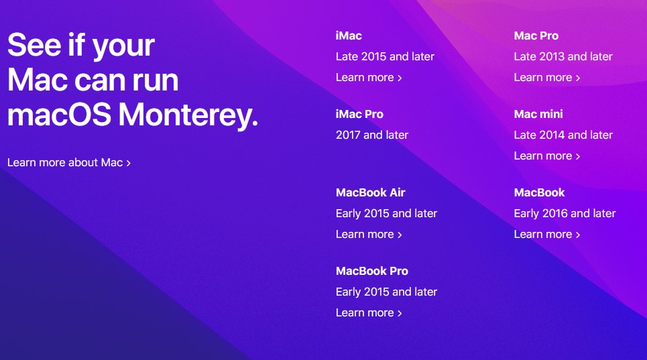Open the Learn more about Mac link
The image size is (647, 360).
point(69,162)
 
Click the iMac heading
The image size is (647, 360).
point(349,36)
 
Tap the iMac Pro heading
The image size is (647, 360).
point(359,114)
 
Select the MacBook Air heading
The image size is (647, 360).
point(371,192)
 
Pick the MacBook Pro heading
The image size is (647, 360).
point(372,271)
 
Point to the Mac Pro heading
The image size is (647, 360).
point(536,36)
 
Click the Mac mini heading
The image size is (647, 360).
point(538,114)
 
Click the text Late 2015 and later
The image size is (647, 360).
point(385,56)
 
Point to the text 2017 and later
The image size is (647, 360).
point(372,135)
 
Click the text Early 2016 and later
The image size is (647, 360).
point(565,213)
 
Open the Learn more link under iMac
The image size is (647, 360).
point(369,78)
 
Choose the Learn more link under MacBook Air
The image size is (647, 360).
point(369,234)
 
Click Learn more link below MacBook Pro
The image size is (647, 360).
point(369,312)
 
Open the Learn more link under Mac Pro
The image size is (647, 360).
point(547,78)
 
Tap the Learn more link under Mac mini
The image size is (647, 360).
point(547,156)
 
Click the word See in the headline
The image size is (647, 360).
point(34,44)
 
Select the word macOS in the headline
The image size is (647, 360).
point(60,114)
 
